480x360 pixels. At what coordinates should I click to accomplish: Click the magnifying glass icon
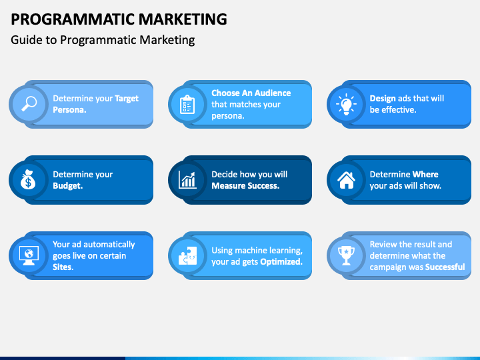(29, 104)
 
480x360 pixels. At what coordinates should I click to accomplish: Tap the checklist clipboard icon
(187, 104)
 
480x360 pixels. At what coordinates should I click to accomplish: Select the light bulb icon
(345, 104)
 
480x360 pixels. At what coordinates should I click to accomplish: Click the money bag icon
(29, 180)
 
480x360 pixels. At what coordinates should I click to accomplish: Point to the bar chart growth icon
(187, 180)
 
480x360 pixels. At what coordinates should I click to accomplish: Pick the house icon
(345, 180)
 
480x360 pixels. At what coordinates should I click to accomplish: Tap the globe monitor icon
(29, 255)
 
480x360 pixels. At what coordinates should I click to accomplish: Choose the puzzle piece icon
(187, 255)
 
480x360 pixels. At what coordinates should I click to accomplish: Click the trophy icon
(345, 255)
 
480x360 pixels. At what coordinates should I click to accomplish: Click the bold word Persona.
(69, 110)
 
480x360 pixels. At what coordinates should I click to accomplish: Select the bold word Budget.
(67, 186)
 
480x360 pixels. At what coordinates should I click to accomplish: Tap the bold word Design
(383, 99)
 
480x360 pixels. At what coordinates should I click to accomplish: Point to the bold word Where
(425, 175)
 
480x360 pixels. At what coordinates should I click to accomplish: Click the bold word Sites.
(63, 267)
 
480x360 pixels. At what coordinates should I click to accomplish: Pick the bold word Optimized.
(281, 262)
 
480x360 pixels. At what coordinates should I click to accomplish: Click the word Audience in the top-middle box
(270, 93)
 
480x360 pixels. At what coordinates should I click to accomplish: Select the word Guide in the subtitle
(24, 40)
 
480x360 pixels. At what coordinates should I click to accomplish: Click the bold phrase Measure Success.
(245, 186)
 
